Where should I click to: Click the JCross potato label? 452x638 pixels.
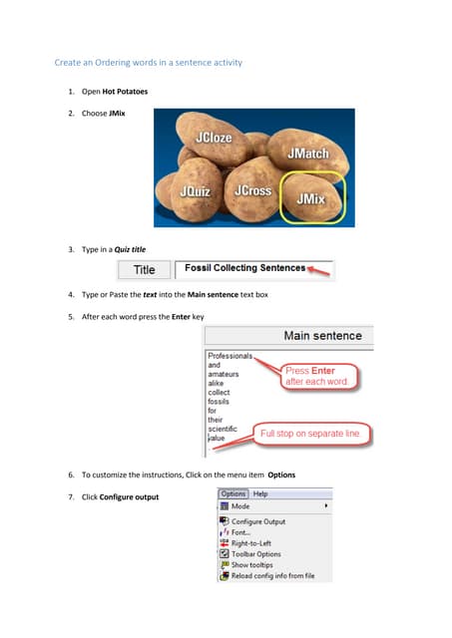(x=251, y=189)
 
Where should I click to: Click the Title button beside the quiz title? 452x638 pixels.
(x=145, y=269)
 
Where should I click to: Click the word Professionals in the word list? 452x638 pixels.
(x=229, y=355)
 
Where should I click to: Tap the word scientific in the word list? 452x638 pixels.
(x=224, y=429)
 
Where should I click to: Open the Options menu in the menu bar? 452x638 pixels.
(x=232, y=493)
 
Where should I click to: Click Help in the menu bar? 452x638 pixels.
(x=260, y=493)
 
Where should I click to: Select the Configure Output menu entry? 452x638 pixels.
(x=257, y=521)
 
